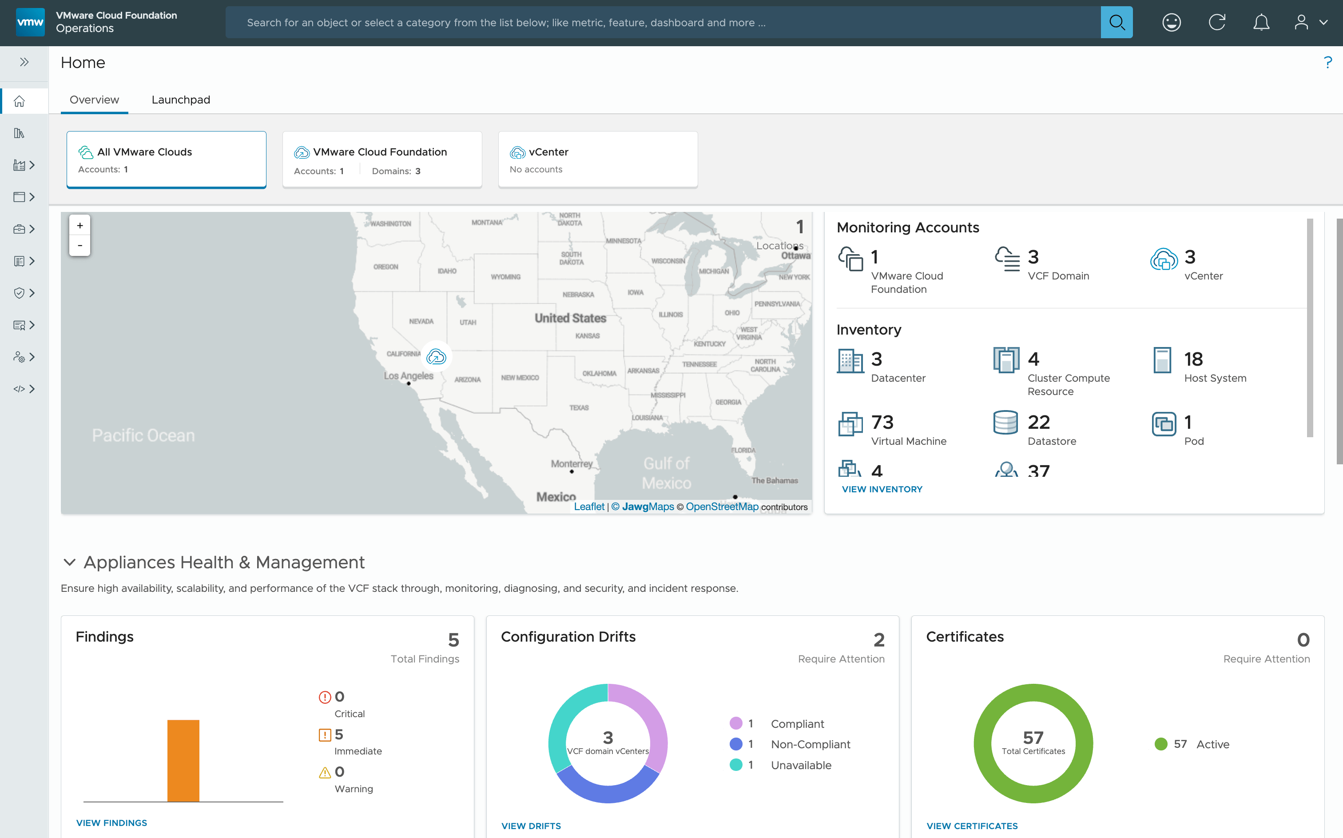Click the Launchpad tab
tap(181, 100)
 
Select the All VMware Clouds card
tap(166, 160)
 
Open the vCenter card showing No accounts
tap(598, 160)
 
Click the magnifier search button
tap(1116, 23)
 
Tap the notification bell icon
tap(1261, 23)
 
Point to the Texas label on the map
tap(579, 408)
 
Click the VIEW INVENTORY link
tap(882, 489)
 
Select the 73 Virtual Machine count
tap(882, 422)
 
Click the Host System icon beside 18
tap(1162, 361)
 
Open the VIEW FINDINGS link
tap(111, 823)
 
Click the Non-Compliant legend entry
tap(810, 744)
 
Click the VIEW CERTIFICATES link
tap(972, 826)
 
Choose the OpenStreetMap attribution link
tap(722, 507)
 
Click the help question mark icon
tap(1327, 63)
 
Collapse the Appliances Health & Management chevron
tap(69, 563)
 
